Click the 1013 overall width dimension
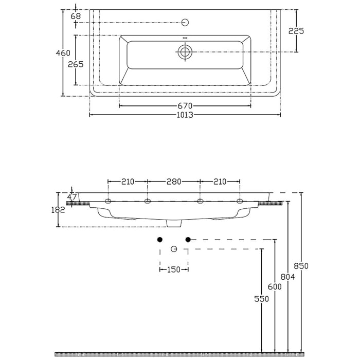point(185,115)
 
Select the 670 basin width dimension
point(185,106)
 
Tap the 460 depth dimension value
point(63,52)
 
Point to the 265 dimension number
point(76,64)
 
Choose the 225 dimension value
point(296,31)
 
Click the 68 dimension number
point(76,16)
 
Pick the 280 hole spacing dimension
point(174,182)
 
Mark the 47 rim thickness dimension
point(73,196)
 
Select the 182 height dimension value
point(59,209)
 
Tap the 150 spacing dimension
point(174,269)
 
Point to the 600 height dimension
point(275,287)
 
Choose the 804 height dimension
point(288,277)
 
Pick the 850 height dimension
point(301,266)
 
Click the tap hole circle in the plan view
point(185,22)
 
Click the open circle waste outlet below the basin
point(174,249)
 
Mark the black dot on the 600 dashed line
point(188,240)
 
